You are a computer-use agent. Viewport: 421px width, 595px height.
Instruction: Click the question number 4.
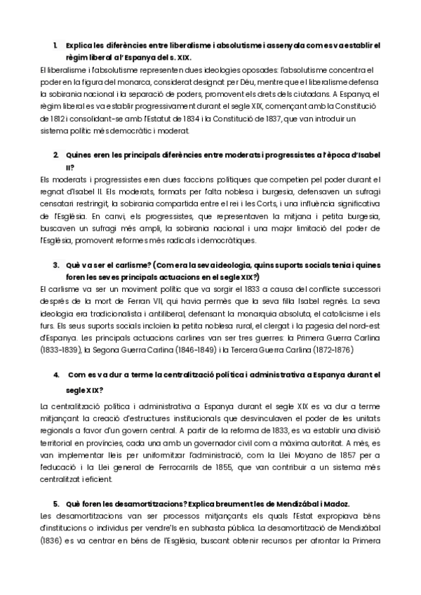click(56, 375)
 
